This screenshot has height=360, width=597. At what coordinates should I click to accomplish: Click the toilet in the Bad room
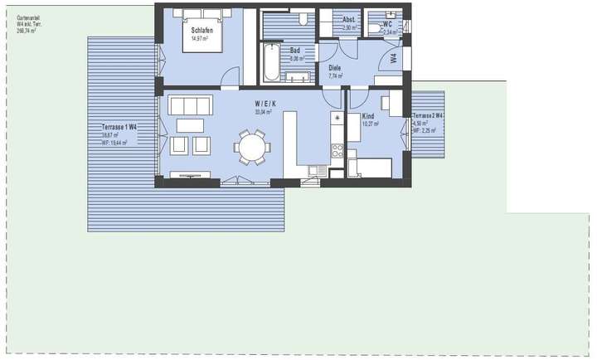pyautogui.click(x=303, y=17)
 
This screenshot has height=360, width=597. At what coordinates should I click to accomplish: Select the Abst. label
pyautogui.click(x=349, y=20)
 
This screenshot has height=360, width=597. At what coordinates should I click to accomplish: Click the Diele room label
pyautogui.click(x=335, y=68)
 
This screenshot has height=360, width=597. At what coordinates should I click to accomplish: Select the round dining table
pyautogui.click(x=252, y=147)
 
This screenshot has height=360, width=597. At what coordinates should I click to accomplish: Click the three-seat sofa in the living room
pyautogui.click(x=191, y=105)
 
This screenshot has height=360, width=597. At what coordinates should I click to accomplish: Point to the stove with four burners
pyautogui.click(x=337, y=151)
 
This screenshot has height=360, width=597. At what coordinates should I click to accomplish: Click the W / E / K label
pyautogui.click(x=265, y=103)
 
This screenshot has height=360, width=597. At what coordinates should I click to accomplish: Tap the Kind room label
pyautogui.click(x=369, y=116)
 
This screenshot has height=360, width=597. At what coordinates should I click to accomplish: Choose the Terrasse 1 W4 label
pyautogui.click(x=119, y=126)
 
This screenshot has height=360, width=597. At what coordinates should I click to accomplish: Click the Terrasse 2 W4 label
pyautogui.click(x=429, y=115)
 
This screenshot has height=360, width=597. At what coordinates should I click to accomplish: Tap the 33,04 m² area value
pyautogui.click(x=264, y=111)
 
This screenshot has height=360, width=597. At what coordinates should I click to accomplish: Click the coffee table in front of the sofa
pyautogui.click(x=191, y=124)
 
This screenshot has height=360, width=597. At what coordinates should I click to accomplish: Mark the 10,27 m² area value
pyautogui.click(x=370, y=124)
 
